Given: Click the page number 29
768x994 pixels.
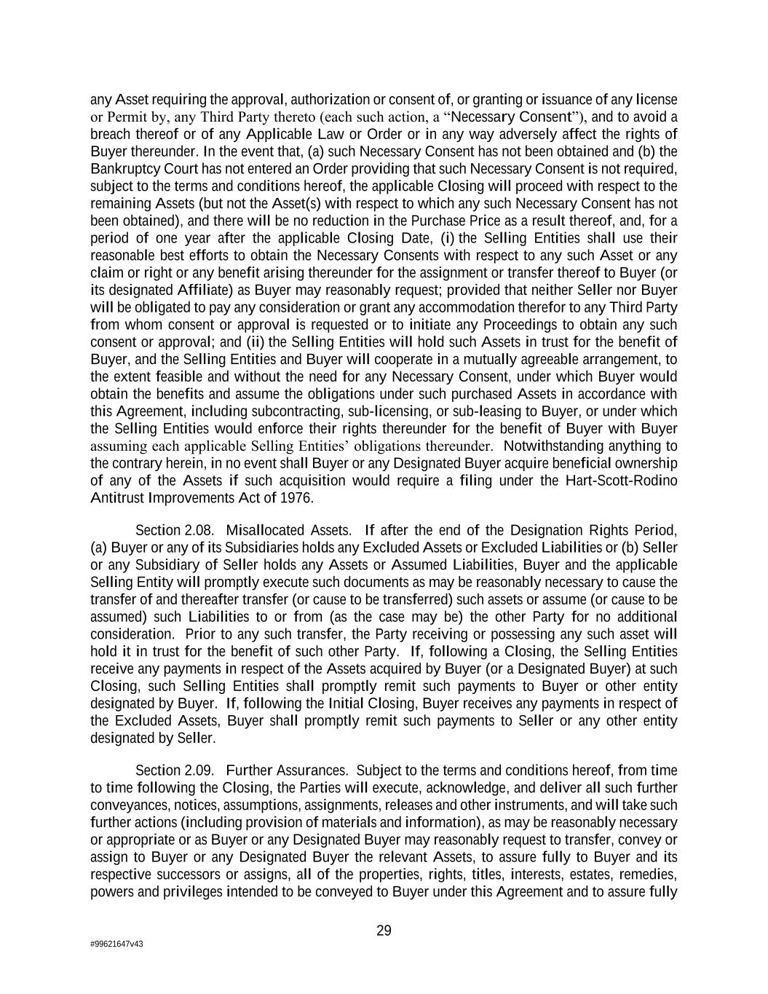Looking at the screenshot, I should pos(384,931).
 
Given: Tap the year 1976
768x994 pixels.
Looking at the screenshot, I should pos(296,498).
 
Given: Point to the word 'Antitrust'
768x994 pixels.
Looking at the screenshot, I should pos(116,498).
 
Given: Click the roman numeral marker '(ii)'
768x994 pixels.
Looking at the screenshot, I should pos(254,342).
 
